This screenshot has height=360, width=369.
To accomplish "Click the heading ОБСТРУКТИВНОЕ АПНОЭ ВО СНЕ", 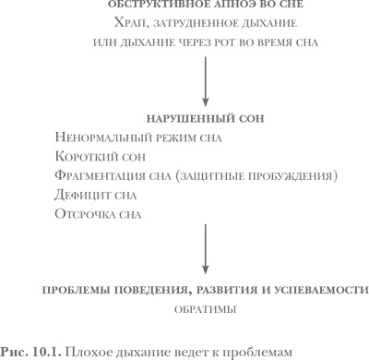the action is point(184,6).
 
